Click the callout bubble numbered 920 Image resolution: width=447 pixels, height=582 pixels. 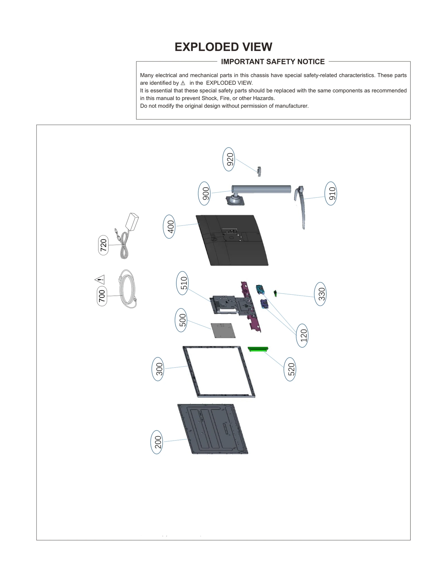[229, 159]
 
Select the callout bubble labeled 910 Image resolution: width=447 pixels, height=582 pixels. [331, 193]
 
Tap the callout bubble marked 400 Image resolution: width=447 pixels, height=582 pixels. [169, 226]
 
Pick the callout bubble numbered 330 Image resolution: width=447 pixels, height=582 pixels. [320, 294]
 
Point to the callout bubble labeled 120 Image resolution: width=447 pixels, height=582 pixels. [302, 335]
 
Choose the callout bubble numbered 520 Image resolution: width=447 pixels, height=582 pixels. [290, 369]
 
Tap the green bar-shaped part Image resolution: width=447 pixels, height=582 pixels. [258, 349]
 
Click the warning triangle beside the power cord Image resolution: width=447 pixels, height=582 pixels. [100, 279]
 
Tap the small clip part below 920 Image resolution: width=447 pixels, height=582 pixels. [259, 171]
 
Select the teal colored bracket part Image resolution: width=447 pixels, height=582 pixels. [260, 289]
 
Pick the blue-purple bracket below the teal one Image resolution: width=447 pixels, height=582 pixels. [264, 304]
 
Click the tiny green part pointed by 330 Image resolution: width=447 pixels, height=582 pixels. [275, 294]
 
